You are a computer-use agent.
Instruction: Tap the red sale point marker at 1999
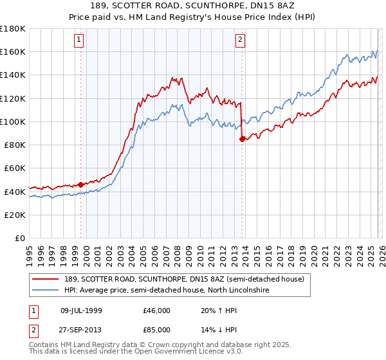[80, 184]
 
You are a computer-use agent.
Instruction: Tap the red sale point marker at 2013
[242, 139]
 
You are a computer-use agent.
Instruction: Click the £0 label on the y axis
[20, 238]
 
